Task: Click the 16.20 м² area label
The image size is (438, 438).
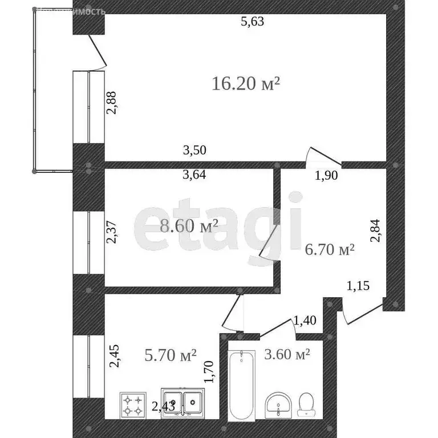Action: pyautogui.click(x=246, y=84)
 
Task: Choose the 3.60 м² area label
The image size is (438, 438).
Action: pyautogui.click(x=287, y=354)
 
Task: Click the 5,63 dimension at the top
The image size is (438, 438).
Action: pyautogui.click(x=253, y=22)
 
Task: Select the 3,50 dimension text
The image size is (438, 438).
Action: pyautogui.click(x=194, y=151)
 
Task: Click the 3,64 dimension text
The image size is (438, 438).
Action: pyautogui.click(x=194, y=175)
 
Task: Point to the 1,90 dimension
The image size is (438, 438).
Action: pyautogui.click(x=327, y=176)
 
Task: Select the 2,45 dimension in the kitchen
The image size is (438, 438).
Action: pyautogui.click(x=113, y=357)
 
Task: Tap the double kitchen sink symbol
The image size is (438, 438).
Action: pyautogui.click(x=181, y=404)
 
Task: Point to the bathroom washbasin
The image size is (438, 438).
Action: pyautogui.click(x=278, y=405)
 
